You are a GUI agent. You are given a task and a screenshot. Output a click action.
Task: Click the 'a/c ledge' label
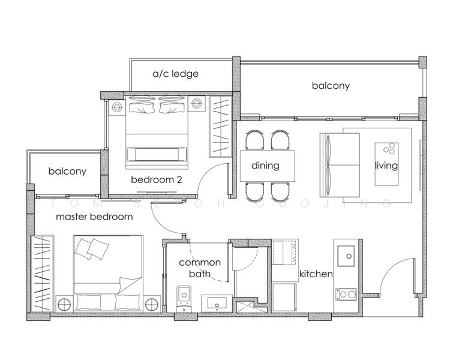175,74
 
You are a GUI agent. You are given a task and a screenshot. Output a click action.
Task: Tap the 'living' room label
386,165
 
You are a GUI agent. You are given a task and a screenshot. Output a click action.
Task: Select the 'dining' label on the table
265,165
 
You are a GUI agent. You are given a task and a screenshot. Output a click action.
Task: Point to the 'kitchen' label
316,274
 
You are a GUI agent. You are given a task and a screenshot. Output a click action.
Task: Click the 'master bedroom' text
94,217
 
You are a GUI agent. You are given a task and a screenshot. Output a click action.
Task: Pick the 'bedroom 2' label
156,179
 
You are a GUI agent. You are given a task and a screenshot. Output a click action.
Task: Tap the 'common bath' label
200,268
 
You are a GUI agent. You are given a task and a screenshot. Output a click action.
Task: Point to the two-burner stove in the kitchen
346,294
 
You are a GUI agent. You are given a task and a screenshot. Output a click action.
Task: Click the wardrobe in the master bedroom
43,274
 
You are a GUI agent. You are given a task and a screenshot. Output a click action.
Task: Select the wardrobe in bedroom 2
219,126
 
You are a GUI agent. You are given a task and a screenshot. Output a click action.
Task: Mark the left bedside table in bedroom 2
116,106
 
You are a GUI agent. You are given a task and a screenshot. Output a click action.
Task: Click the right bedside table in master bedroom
152,303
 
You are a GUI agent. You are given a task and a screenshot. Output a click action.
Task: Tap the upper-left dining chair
254,140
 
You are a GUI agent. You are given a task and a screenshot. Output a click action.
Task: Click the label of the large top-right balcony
330,86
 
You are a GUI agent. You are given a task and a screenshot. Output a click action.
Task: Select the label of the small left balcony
67,171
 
